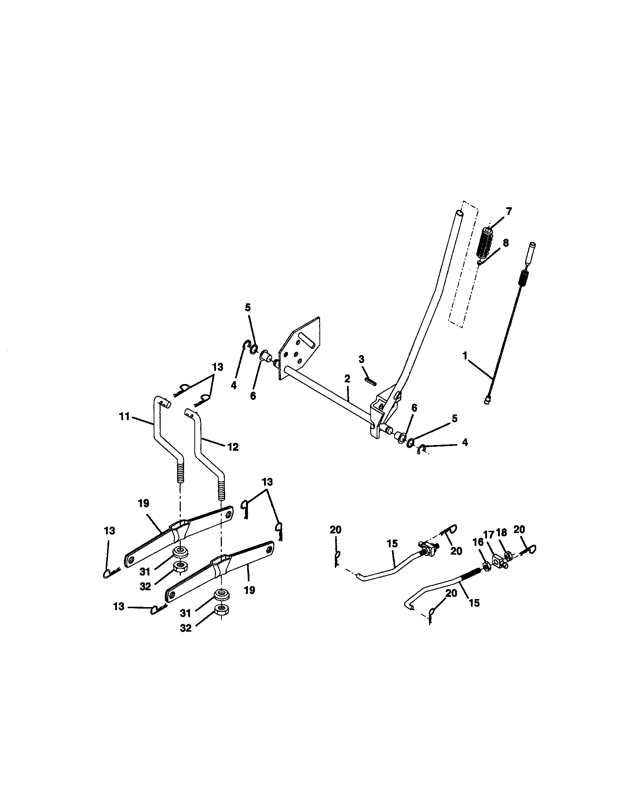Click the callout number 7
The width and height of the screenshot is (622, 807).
click(509, 212)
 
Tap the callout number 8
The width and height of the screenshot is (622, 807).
click(505, 243)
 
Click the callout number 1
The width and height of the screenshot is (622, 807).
click(465, 356)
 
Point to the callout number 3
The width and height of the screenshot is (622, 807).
click(361, 358)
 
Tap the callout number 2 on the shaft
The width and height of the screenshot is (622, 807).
click(347, 379)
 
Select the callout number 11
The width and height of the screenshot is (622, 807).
click(124, 416)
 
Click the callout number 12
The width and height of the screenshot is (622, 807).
click(233, 447)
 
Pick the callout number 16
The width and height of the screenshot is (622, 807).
click(478, 542)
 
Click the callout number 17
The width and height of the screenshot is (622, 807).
click(489, 535)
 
